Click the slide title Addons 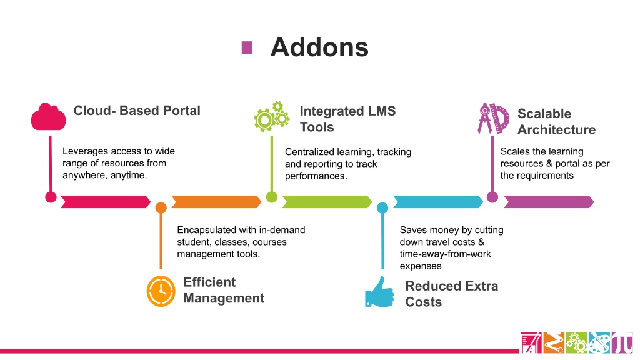(x=319, y=47)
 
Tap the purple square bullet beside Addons (x=247, y=47)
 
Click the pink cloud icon (x=49, y=117)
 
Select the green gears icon (x=272, y=116)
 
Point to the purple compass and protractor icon (x=494, y=118)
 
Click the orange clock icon (x=161, y=291)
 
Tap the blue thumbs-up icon (x=379, y=292)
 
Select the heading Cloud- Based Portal (x=137, y=111)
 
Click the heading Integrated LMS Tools (x=347, y=119)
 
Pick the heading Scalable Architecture (x=557, y=121)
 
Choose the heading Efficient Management (x=224, y=290)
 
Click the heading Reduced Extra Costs (x=451, y=294)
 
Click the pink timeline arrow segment (x=105, y=202)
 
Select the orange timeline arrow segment (x=216, y=202)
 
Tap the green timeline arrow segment (x=327, y=202)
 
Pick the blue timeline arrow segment (x=438, y=202)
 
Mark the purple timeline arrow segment (x=549, y=202)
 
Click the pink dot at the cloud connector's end (x=51, y=197)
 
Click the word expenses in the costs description (x=421, y=266)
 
